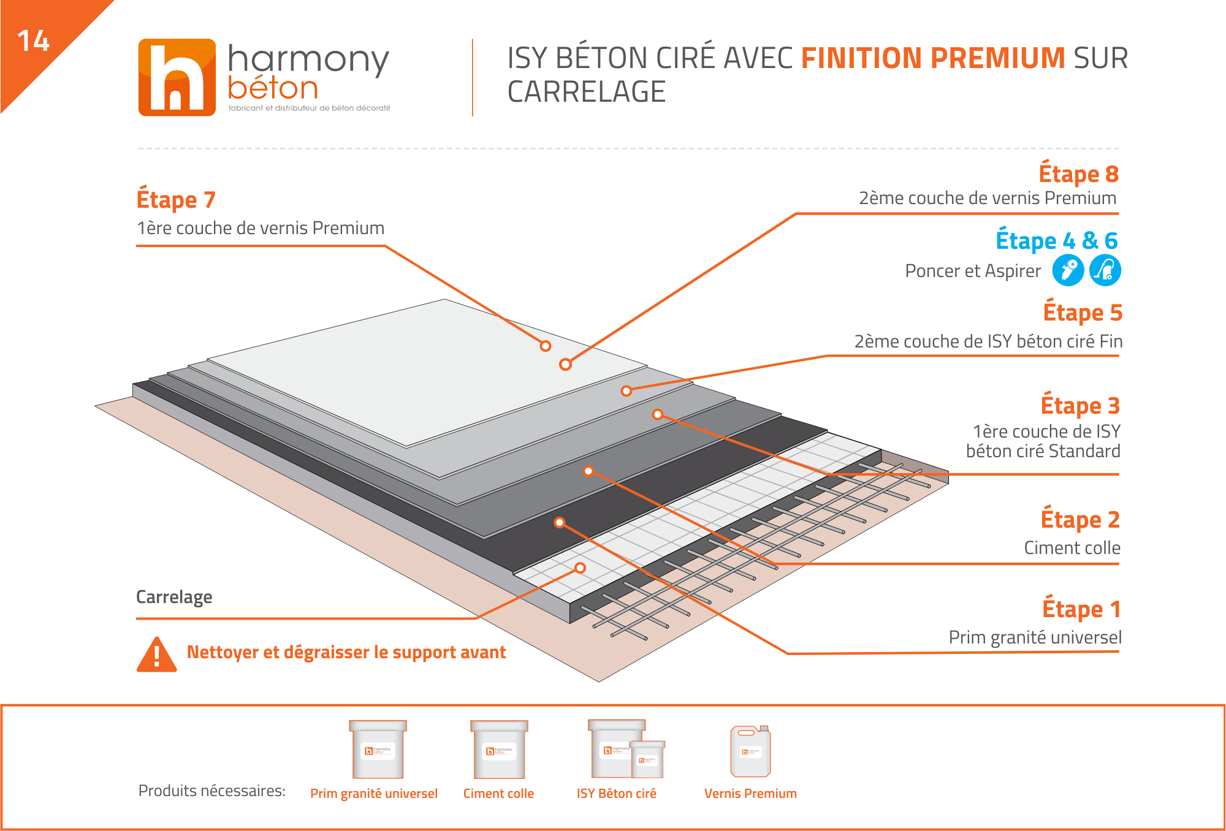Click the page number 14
tap(33, 41)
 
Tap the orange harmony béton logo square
tap(177, 77)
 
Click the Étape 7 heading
tap(176, 200)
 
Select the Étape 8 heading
tap(1079, 174)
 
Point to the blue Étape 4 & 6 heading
tap(1057, 240)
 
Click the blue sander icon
tap(1068, 270)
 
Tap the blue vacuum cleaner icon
tap(1105, 270)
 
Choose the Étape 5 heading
tap(1083, 313)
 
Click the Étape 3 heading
tap(1081, 406)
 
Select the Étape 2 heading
tap(1081, 520)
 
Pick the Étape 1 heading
tap(1082, 609)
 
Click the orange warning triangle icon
tap(157, 655)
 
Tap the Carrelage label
tap(174, 597)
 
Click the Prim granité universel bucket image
tap(378, 749)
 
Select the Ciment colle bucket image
tap(499, 749)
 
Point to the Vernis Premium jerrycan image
tap(750, 751)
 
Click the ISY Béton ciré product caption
tap(616, 794)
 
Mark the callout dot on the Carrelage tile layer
tap(580, 568)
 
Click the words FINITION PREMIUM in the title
tap(934, 58)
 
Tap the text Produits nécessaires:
tap(212, 791)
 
